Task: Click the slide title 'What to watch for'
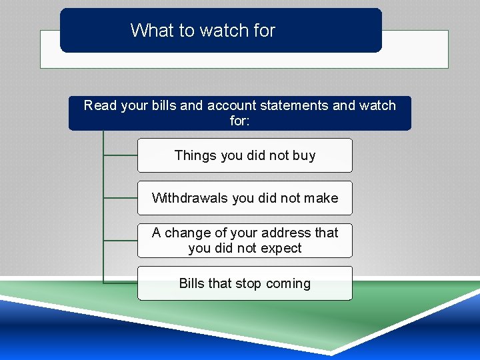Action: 203,31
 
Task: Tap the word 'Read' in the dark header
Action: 100,105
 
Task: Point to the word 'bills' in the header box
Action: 165,105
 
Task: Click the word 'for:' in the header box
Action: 240,121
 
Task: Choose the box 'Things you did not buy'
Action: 245,155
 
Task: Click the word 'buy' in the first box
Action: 304,155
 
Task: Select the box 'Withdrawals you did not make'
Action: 245,198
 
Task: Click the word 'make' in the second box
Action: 321,198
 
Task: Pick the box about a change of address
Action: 245,241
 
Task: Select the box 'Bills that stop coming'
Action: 245,283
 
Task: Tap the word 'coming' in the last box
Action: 288,283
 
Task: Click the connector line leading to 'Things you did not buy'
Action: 121,155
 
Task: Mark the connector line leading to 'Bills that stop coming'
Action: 121,283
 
